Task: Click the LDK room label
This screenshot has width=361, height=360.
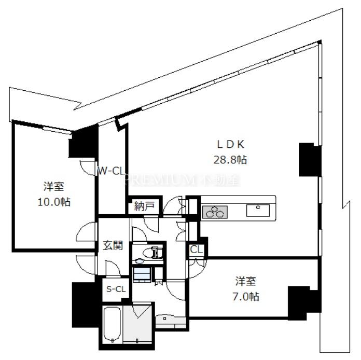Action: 230,144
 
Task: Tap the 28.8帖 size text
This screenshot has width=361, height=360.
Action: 230,160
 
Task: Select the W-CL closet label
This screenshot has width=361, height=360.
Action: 111,171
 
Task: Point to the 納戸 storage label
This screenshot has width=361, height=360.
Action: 144,206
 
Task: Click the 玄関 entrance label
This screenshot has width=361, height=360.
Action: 113,245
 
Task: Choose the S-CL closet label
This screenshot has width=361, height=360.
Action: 116,289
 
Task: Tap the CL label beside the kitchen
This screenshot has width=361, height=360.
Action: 197,250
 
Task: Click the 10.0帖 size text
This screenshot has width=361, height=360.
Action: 54,202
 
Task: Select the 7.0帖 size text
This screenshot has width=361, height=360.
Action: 246,297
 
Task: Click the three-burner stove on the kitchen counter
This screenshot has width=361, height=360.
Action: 215,212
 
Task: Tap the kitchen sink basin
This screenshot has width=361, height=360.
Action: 258,211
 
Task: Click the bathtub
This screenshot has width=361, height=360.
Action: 112,325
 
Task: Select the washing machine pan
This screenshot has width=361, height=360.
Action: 142,274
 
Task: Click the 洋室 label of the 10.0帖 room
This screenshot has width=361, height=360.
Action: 54,187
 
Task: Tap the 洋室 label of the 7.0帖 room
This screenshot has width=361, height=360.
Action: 246,282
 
